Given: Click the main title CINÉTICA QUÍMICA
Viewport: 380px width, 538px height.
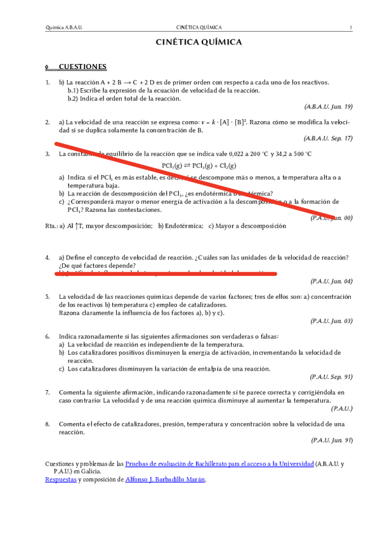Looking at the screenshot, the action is (199, 43).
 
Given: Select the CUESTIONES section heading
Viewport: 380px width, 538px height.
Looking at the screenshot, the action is (82, 67).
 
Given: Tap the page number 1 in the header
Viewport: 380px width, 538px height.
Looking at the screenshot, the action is (351, 27).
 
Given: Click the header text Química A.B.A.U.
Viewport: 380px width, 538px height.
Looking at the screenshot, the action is (65, 27).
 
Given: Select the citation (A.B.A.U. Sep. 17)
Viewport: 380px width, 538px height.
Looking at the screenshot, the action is (328, 138).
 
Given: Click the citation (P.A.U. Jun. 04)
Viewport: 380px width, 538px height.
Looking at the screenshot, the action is (331, 280).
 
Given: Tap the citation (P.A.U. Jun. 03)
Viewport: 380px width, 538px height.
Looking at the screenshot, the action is (331, 321).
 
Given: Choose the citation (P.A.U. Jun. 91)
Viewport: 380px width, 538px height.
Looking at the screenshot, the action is (331, 440).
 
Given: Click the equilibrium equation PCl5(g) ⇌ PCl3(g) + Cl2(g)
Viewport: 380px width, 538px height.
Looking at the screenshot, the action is (199, 165).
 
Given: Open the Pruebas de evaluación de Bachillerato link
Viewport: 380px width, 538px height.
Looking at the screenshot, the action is (219, 464).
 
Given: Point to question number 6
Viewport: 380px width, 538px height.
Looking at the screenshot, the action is (48, 336).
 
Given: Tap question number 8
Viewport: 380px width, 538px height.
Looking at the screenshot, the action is (48, 423).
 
